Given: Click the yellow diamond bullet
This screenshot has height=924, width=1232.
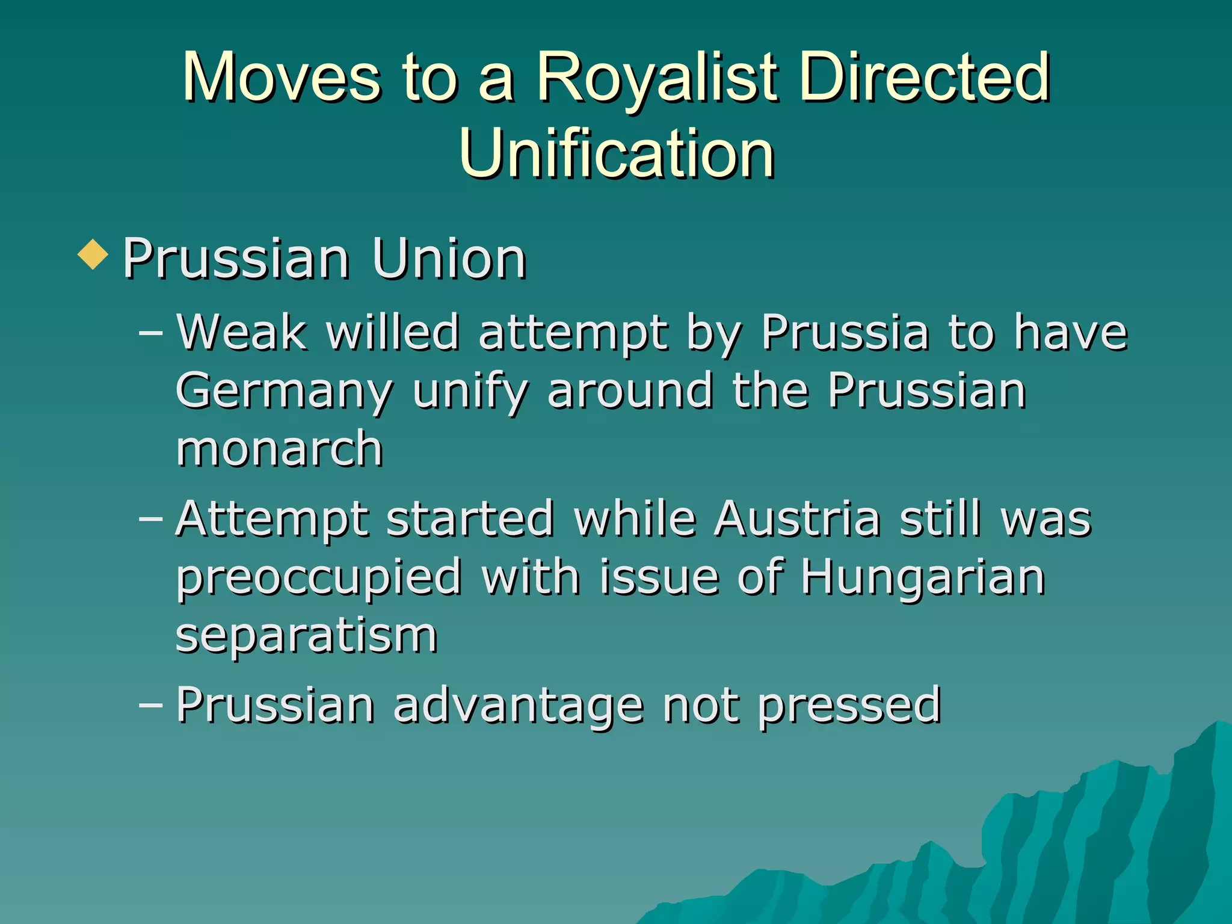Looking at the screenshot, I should click(x=93, y=254).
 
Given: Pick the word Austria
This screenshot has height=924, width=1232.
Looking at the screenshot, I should click(x=798, y=519).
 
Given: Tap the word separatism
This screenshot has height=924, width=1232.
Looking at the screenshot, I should click(x=306, y=635).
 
